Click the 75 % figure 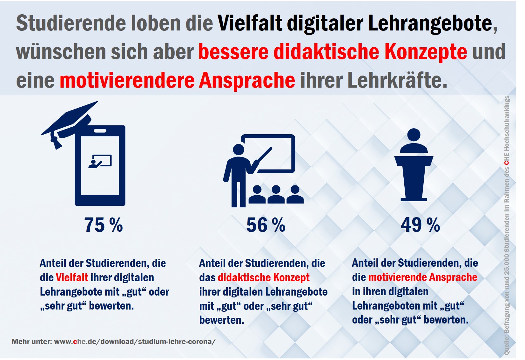(x=103, y=225)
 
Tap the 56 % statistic (x=266, y=225)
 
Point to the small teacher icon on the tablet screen (x=100, y=161)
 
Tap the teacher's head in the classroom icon (x=239, y=149)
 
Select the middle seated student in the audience (x=276, y=194)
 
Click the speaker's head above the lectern (x=414, y=135)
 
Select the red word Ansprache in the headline (x=247, y=80)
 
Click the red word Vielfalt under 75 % (x=72, y=277)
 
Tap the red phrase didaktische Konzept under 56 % (x=263, y=277)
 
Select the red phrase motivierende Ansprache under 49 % (x=422, y=277)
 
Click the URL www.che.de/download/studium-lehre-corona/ (x=135, y=342)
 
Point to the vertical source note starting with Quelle (x=507, y=225)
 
